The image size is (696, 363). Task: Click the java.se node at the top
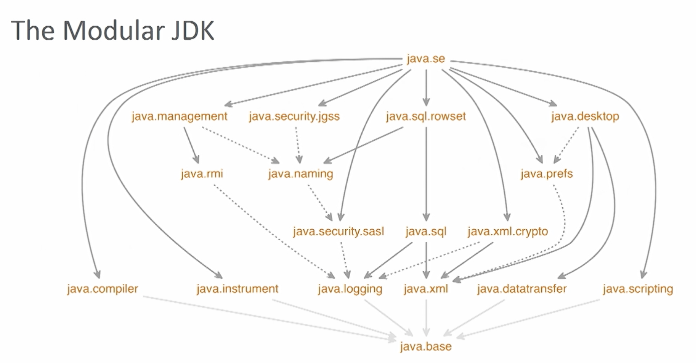pos(426,59)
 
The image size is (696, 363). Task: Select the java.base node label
pos(426,347)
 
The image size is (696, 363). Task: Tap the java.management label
pos(179,116)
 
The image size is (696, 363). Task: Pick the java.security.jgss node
pos(294,116)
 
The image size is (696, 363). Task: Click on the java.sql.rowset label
pos(426,116)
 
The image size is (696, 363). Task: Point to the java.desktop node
pos(585,116)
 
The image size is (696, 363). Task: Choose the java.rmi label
pos(202,174)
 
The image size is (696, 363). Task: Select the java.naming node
pos(301,174)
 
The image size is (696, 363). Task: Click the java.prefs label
pos(547,174)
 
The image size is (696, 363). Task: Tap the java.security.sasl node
pos(338,232)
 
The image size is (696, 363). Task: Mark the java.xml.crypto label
pos(508,232)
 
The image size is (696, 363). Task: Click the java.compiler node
pos(102,289)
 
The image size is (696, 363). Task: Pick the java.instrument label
pos(237,289)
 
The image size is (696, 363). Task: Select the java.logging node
pos(350,289)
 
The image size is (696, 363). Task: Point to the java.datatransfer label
pos(521,289)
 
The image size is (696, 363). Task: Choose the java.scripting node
pos(638,289)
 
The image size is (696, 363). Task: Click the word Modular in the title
pos(113,30)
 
